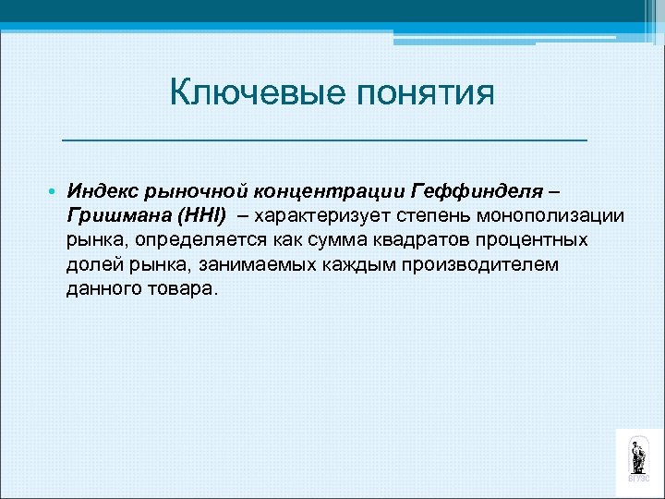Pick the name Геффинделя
click(469, 191)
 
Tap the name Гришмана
click(113, 215)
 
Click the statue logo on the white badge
click(638, 456)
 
